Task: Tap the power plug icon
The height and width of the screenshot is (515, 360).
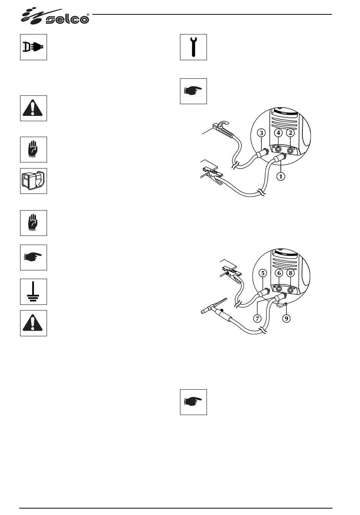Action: tap(33, 47)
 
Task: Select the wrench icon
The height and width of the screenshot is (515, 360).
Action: tap(193, 47)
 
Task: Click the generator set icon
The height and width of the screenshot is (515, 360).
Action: tap(33, 181)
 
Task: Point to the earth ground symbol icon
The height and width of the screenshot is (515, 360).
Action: tap(33, 292)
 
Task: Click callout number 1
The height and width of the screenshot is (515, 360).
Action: tap(281, 176)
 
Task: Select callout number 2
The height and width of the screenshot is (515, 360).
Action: tap(291, 133)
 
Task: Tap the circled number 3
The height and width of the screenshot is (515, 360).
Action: tap(261, 133)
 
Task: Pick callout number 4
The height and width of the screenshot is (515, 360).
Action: tap(279, 133)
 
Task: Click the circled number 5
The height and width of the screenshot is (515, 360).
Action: tap(263, 273)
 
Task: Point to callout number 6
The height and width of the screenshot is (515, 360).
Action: tap(279, 273)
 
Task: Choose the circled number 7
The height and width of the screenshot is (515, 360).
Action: tap(257, 318)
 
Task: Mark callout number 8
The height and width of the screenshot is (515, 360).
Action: tap(291, 273)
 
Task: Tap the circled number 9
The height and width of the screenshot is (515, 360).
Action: tap(286, 318)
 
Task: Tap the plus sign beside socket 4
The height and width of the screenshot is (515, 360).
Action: tap(274, 147)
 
